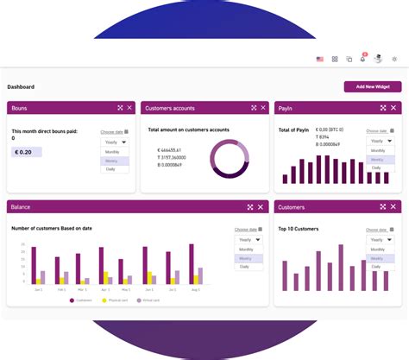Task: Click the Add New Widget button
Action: pos(372,87)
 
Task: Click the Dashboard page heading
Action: pos(21,87)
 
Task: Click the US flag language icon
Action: pos(319,60)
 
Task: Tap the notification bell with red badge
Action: pos(362,59)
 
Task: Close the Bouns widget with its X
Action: pos(129,108)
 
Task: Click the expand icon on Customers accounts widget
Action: pos(253,108)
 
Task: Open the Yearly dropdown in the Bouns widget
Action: pos(114,142)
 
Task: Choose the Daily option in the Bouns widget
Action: pos(111,169)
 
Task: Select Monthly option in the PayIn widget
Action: pos(378,150)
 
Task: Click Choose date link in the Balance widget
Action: pos(248,230)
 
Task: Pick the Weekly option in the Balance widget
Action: pos(246,258)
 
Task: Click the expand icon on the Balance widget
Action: pos(249,207)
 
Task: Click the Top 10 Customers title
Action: pos(299,229)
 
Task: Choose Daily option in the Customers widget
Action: pos(376,267)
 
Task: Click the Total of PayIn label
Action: pos(294,130)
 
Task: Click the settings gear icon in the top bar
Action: pos(394,60)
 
